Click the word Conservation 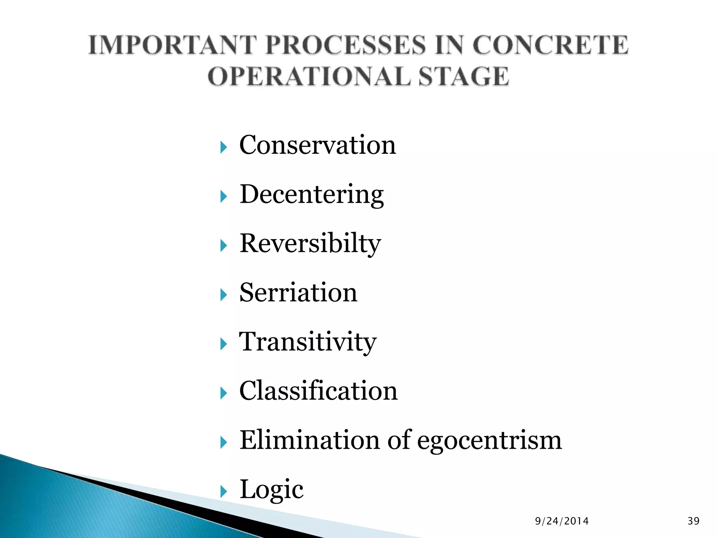317,145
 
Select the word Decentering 312,195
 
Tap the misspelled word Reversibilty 310,244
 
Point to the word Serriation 298,293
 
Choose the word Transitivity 307,342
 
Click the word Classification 318,391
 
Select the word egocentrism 489,441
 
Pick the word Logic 271,490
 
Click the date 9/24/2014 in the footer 562,521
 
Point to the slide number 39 693,521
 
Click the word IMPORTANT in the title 172,46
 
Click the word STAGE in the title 464,76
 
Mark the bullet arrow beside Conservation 224,147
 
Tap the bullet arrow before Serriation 224,295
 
